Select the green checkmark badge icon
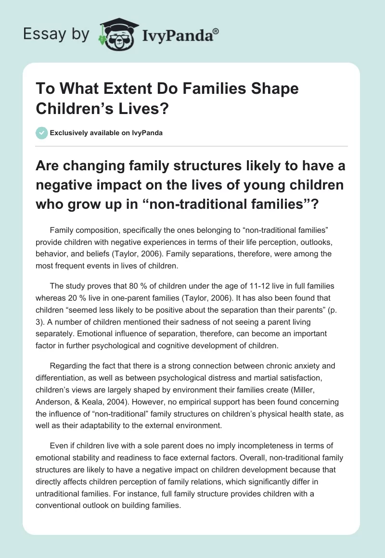(41, 133)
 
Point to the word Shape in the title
(275, 89)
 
